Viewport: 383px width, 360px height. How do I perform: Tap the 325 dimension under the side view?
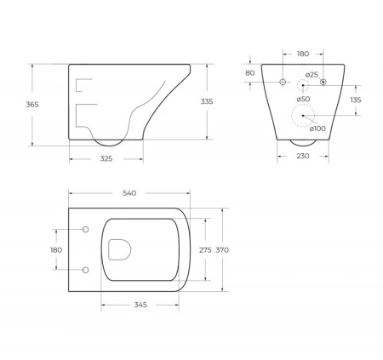[106, 158]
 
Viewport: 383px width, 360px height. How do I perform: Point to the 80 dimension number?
[250, 73]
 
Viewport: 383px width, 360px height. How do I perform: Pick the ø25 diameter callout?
[313, 75]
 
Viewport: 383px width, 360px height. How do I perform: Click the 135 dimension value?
[355, 100]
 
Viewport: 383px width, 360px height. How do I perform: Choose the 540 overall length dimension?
[129, 194]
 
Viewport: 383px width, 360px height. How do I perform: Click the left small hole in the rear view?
[283, 82]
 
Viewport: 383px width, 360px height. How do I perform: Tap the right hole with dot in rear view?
[323, 82]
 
